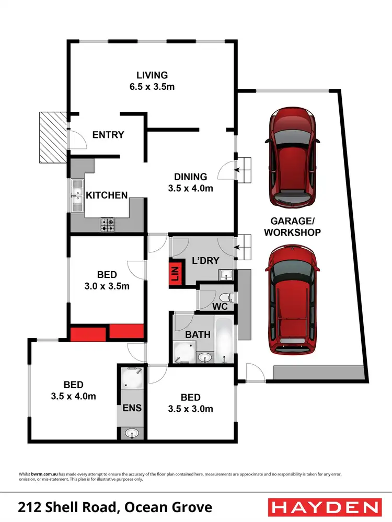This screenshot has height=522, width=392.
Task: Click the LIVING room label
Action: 152,75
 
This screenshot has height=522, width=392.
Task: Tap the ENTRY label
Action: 108,135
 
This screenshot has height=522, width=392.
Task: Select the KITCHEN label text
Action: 107,195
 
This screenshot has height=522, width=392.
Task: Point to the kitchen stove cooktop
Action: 108,225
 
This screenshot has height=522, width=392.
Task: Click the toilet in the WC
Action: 230,298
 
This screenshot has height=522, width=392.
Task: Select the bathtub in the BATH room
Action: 224,340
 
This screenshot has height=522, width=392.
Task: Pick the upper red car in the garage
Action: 292,157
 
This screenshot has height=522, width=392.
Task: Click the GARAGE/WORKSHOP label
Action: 292,226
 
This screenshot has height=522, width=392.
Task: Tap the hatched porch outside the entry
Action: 52,137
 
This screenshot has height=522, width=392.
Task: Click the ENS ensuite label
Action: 132,408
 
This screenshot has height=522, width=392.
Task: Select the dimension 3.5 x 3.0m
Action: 191,409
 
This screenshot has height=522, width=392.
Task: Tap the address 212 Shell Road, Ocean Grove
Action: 115,507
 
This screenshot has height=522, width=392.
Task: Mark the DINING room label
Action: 191,177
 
